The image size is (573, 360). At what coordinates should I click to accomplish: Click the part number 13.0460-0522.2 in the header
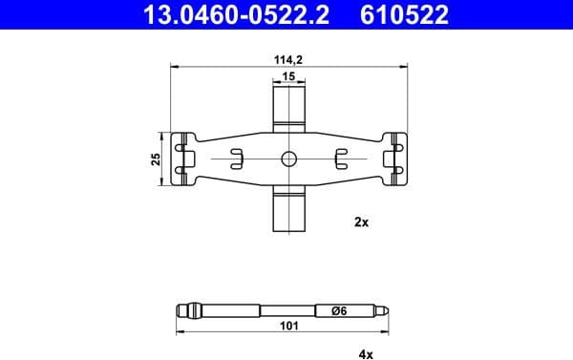[221, 14]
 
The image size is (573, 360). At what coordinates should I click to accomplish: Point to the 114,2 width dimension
[287, 59]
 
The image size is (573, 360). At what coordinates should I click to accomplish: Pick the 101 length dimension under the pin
[287, 327]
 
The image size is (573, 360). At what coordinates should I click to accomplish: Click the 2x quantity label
[361, 221]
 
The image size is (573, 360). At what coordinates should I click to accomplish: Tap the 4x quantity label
[365, 353]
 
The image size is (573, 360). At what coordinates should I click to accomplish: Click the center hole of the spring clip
[287, 159]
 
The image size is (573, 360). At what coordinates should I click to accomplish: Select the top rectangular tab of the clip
[287, 106]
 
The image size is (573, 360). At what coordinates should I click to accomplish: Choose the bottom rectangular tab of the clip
[287, 209]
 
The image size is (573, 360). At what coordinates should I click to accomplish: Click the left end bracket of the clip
[184, 159]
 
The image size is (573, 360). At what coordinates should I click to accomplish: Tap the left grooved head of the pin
[187, 310]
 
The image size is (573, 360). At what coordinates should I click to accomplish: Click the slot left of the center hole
[235, 159]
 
